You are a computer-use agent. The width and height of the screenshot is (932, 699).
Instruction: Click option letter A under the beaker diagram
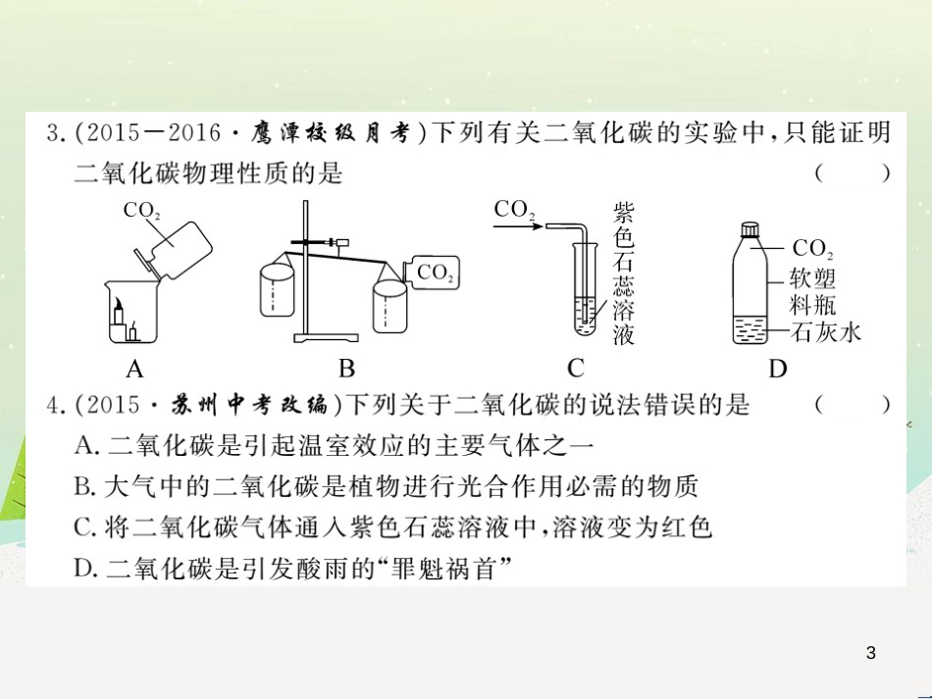(135, 369)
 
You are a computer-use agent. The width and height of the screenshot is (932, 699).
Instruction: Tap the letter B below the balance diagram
(346, 369)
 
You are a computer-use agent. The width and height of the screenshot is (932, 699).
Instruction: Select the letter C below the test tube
(576, 369)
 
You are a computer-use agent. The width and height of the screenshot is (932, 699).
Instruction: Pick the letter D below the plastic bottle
(778, 369)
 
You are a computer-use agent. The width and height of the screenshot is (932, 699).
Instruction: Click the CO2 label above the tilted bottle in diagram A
(141, 210)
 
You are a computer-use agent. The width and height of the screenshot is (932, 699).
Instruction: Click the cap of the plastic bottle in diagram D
(751, 230)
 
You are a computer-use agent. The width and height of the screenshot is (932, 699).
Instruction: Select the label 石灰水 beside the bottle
(825, 332)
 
